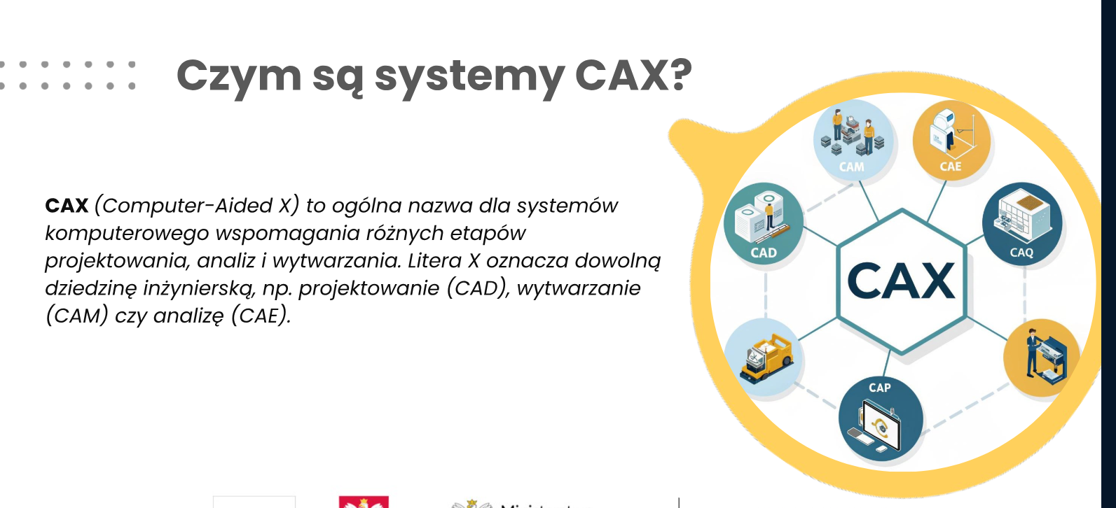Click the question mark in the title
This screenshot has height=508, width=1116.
(x=681, y=75)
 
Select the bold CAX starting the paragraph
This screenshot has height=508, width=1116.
(x=67, y=206)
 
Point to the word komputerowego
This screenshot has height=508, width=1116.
(x=127, y=234)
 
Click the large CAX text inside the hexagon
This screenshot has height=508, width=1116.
(x=901, y=281)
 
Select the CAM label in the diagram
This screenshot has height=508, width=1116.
(x=851, y=167)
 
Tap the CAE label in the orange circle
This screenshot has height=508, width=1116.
(x=951, y=167)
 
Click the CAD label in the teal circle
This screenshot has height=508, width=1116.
(x=764, y=253)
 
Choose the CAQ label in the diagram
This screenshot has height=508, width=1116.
(x=1021, y=253)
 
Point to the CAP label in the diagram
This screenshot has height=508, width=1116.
(x=880, y=388)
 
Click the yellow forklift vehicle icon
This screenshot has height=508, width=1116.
(x=766, y=358)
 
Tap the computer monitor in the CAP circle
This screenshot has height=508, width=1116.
(x=881, y=426)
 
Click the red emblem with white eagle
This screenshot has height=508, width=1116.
(x=364, y=502)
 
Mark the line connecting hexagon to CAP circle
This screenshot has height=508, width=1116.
(x=886, y=364)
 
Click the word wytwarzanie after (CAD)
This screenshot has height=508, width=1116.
(x=579, y=288)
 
